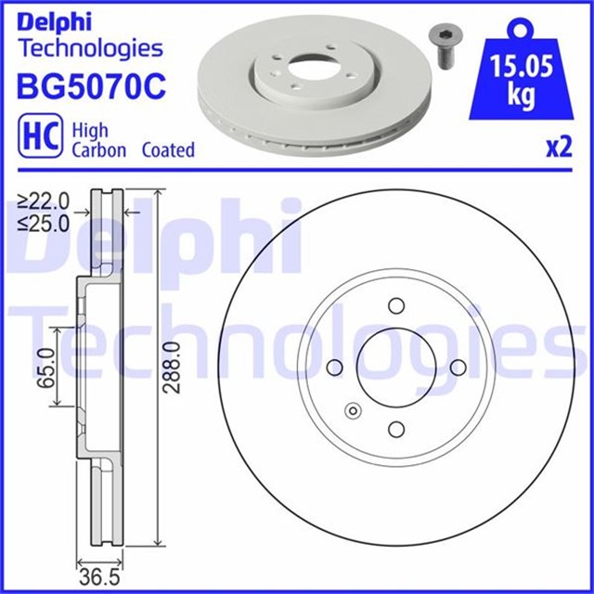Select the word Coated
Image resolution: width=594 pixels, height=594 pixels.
(168, 150)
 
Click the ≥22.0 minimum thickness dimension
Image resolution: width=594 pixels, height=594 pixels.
(44, 200)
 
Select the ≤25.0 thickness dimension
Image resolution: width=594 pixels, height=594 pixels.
(44, 222)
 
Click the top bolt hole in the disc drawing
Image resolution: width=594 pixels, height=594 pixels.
(396, 307)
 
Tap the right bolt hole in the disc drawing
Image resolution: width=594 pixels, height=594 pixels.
(458, 368)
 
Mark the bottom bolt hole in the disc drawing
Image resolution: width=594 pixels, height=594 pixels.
(396, 428)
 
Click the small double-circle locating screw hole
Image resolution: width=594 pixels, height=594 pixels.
(351, 411)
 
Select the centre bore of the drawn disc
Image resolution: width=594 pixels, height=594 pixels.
(396, 368)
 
